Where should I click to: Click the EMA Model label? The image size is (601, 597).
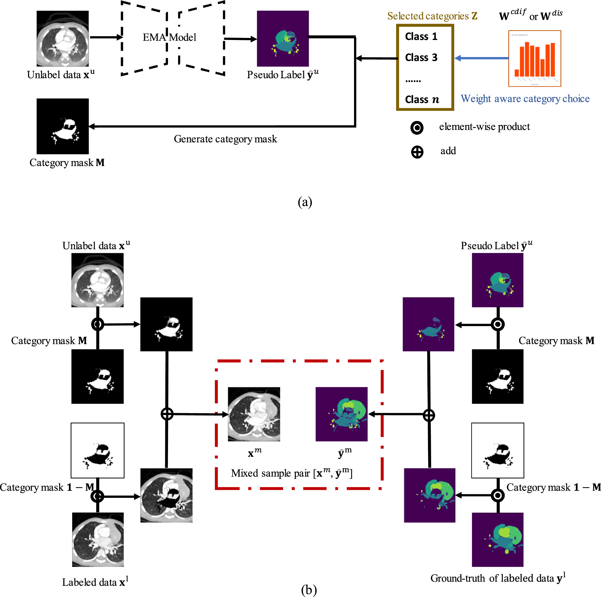169,37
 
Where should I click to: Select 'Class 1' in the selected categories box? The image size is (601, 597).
421,36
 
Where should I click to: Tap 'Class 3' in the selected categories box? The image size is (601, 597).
421,58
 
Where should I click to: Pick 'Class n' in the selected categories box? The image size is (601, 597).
422,99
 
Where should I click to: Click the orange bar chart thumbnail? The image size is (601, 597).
534,58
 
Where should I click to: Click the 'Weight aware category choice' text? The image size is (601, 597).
525,99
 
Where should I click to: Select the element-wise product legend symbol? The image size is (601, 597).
417,128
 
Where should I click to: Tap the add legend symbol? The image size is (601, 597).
417,152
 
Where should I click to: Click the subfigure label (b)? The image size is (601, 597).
308,590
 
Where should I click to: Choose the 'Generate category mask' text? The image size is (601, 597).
225,139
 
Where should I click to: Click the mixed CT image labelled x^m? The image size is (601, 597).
254,414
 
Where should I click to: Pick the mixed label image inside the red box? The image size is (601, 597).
342,414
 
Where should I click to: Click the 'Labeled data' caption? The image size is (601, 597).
95,582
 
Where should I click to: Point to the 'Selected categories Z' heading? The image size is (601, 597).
432,16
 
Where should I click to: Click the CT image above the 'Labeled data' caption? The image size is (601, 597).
98,539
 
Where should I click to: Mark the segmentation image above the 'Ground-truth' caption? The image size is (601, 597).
497,539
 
